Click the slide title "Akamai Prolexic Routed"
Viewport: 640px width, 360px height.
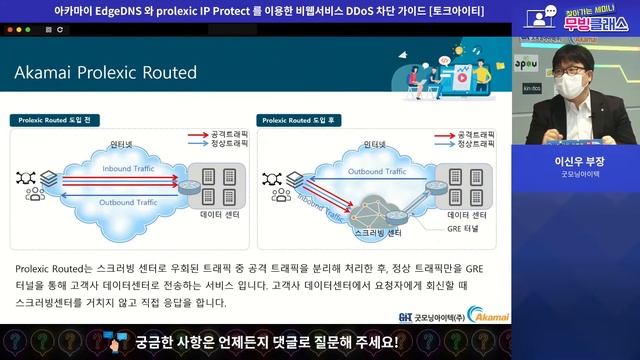105,73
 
